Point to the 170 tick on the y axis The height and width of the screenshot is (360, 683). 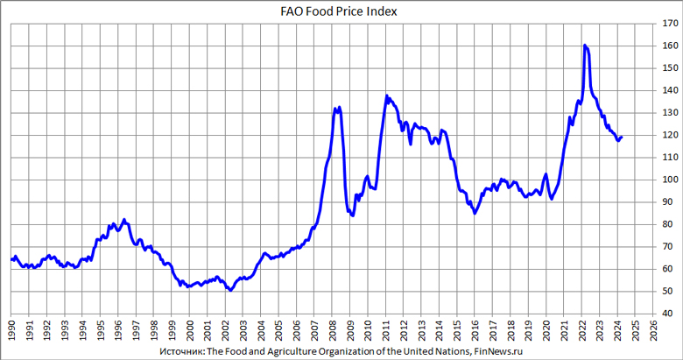[669, 24]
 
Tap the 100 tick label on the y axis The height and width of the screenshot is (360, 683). [669, 180]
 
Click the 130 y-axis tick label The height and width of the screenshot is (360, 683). [669, 113]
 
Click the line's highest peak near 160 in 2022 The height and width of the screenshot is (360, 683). [584, 45]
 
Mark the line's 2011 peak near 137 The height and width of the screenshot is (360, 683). [386, 95]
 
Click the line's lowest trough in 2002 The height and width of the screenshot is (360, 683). [229, 290]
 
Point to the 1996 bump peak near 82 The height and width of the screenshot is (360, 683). [124, 219]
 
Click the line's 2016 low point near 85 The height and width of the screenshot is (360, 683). [475, 213]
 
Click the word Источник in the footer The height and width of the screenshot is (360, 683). [174, 349]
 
